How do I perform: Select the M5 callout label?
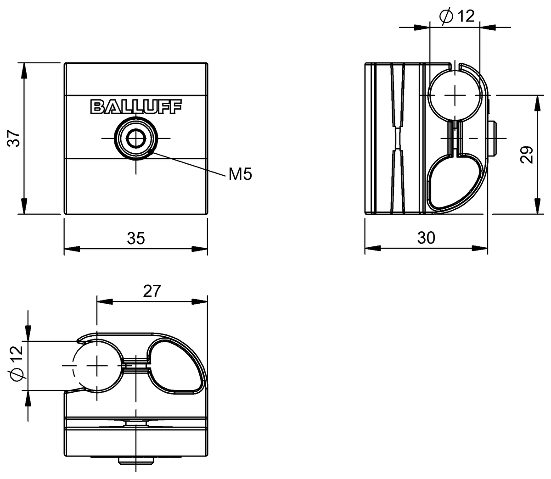(x=240, y=174)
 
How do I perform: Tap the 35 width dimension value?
(x=135, y=238)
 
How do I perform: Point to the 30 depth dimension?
(x=426, y=238)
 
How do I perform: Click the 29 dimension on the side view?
(x=527, y=155)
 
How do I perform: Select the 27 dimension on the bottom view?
(x=152, y=291)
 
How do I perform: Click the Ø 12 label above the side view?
(x=456, y=17)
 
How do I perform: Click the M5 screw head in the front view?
(x=136, y=138)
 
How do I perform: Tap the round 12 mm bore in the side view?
(x=455, y=95)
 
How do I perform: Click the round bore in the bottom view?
(x=97, y=366)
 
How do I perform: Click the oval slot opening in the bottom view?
(x=176, y=366)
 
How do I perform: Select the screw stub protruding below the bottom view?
(x=136, y=459)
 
